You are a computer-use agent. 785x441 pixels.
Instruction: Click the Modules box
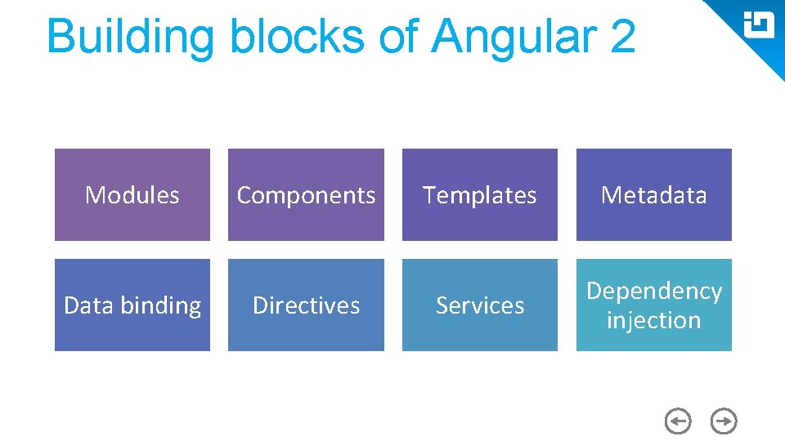(132, 195)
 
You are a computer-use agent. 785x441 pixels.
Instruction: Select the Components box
(306, 195)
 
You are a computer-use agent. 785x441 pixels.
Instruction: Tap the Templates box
(480, 195)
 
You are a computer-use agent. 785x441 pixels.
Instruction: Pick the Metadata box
(653, 195)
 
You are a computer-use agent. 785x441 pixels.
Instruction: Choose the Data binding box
(132, 305)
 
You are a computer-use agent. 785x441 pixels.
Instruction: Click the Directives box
(306, 305)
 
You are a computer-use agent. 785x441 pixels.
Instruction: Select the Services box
(480, 305)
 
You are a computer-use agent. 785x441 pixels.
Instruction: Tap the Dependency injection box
(653, 305)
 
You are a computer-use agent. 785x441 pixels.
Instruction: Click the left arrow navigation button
(677, 421)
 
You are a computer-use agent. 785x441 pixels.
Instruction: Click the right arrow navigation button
(724, 421)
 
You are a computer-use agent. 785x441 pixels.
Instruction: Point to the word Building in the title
(130, 37)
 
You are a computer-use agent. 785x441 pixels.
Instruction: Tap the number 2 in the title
(621, 37)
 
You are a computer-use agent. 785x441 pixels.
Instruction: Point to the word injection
(653, 320)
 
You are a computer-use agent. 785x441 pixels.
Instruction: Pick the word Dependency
(653, 291)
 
